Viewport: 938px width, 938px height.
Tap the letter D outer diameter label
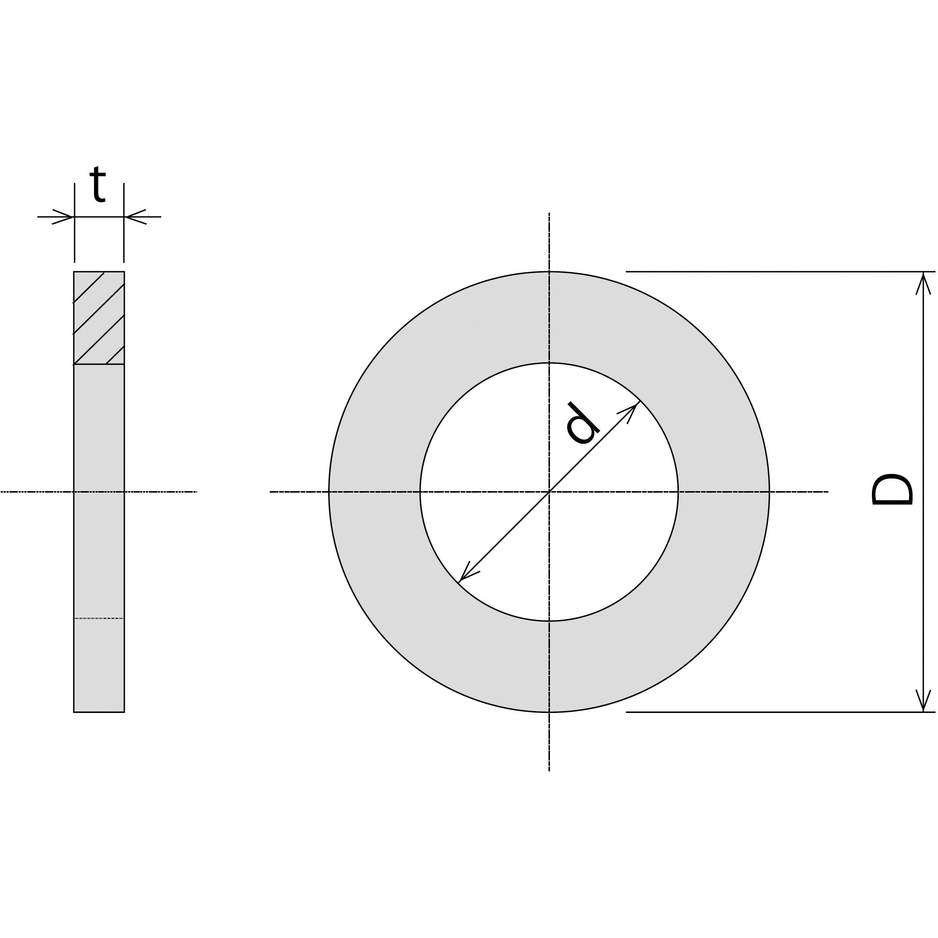pyautogui.click(x=892, y=490)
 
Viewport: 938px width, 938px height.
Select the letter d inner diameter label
pyautogui.click(x=583, y=423)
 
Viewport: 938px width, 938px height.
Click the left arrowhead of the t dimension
pyautogui.click(x=63, y=217)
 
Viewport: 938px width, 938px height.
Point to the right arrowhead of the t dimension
pyautogui.click(x=135, y=217)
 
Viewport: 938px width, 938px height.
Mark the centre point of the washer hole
pyautogui.click(x=549, y=492)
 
